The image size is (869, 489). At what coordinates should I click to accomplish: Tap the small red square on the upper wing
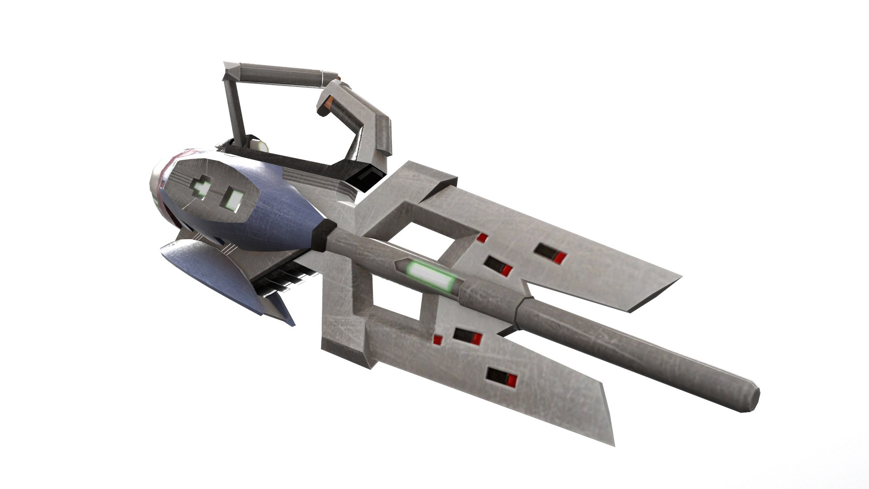483,238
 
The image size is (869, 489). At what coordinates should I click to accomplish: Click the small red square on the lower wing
437,339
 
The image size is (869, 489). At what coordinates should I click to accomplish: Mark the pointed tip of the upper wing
679,276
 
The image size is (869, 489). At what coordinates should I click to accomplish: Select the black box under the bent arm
371,179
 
